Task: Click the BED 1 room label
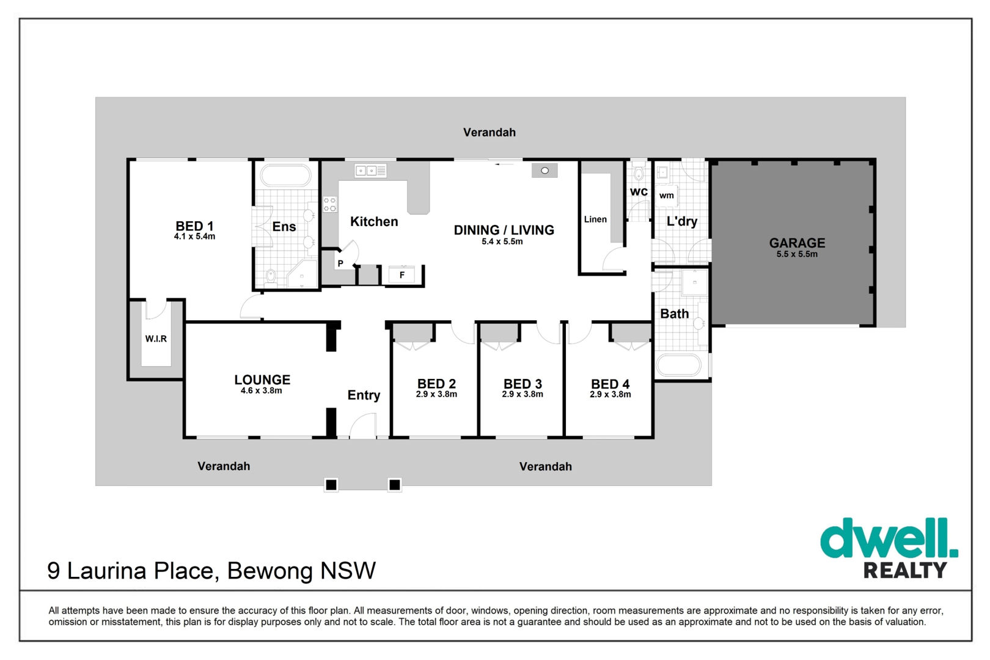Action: pos(194,226)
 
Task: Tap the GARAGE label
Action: pos(797,243)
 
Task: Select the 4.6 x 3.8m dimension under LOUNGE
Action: pos(261,391)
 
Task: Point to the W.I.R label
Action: pos(156,339)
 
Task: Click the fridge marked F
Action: pos(402,275)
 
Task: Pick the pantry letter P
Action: pos(340,263)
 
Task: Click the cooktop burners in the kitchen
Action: pos(330,204)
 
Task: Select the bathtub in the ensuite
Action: pos(286,175)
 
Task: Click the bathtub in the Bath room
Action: pos(679,365)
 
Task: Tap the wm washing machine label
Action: pos(667,196)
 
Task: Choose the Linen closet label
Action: pos(595,219)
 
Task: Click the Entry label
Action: pos(364,395)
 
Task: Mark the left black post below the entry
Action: pos(331,485)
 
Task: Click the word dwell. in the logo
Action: pos(889,538)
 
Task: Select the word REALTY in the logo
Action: pos(905,570)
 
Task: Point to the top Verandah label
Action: pos(490,133)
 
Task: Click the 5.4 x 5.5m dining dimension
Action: pos(502,242)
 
